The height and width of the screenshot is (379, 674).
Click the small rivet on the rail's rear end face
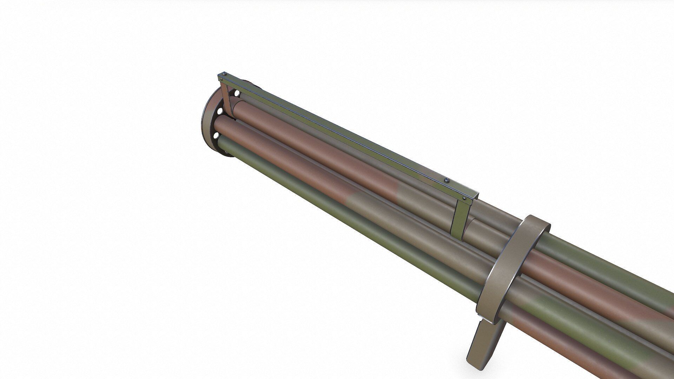click(x=465, y=199)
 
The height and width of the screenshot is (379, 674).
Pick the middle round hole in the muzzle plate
click(x=220, y=112)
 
